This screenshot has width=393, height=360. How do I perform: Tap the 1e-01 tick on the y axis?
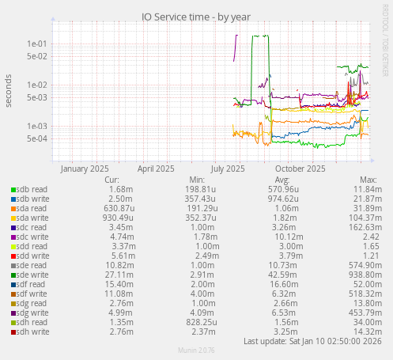click(37, 44)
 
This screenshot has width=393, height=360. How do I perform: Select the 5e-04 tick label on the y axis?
click(37, 138)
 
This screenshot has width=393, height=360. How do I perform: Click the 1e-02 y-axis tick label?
click(37, 85)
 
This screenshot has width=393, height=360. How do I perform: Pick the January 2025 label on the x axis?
click(85, 169)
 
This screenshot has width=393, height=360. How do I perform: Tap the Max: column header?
click(368, 180)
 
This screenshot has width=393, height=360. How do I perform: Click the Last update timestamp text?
click(313, 341)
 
